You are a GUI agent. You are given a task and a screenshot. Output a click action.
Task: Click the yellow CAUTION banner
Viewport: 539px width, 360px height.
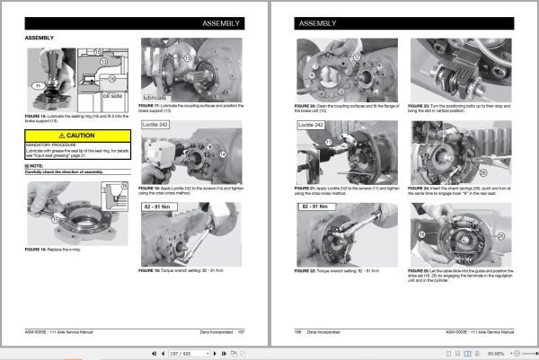click(x=77, y=136)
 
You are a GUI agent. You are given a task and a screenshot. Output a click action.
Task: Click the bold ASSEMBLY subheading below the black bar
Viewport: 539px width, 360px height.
click(x=40, y=39)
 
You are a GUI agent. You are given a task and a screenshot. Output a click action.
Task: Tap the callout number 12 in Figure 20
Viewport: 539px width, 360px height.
click(x=357, y=57)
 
